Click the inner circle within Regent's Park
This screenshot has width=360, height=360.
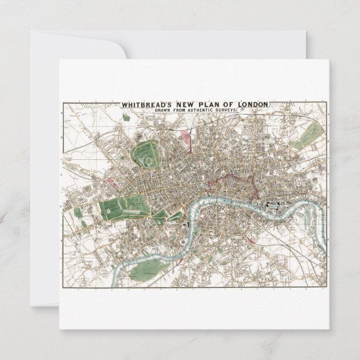coord(148,160)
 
